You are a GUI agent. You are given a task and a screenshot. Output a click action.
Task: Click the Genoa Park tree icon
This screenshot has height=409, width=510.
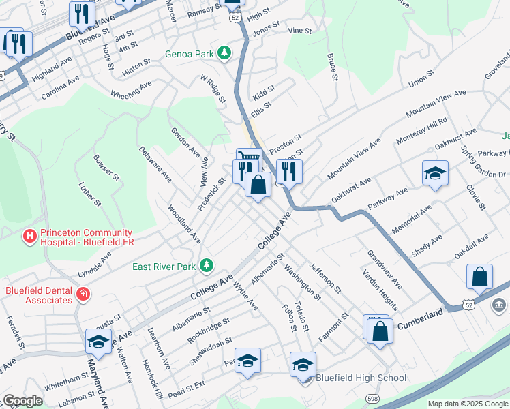point(223,53)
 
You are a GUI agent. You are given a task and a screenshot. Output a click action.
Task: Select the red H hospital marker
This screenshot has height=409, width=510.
point(29,237)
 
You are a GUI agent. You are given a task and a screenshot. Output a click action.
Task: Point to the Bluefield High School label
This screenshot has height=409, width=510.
point(361,378)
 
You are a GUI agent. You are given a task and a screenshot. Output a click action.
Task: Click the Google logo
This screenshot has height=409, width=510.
point(22,401)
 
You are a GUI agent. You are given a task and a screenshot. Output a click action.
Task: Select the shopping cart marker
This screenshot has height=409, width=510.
point(250,158)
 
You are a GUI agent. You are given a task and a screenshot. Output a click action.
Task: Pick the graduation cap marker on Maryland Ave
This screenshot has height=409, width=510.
point(98,341)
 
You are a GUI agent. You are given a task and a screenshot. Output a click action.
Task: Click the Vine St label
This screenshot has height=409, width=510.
point(299,31)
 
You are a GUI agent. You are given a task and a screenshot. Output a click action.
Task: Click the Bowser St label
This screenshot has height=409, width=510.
point(107,166)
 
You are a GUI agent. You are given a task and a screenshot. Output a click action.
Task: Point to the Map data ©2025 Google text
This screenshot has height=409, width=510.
point(468,404)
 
